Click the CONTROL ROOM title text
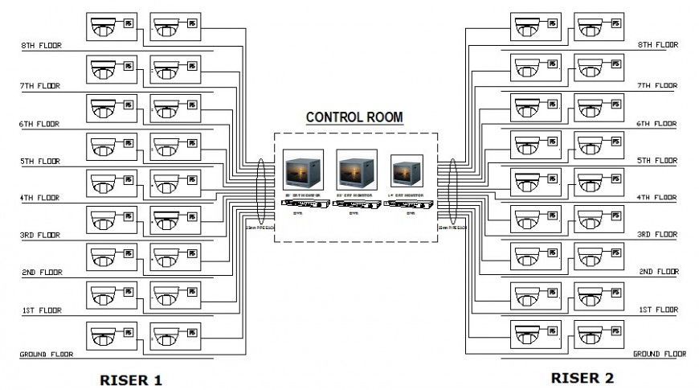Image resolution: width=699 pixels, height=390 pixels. tap(354, 117)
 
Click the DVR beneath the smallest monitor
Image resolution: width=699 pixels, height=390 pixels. tap(409, 205)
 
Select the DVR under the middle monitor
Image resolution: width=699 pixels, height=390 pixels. tap(354, 205)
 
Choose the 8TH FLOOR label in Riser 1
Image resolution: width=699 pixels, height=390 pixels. tap(42, 46)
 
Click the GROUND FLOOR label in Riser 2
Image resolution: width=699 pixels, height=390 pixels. tap(660, 354)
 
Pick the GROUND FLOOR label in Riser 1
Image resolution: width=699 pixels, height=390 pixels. tap(47, 354)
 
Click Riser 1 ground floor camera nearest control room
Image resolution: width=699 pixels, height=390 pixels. tap(166, 335)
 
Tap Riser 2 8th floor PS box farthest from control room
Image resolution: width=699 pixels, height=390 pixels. tap(615, 24)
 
